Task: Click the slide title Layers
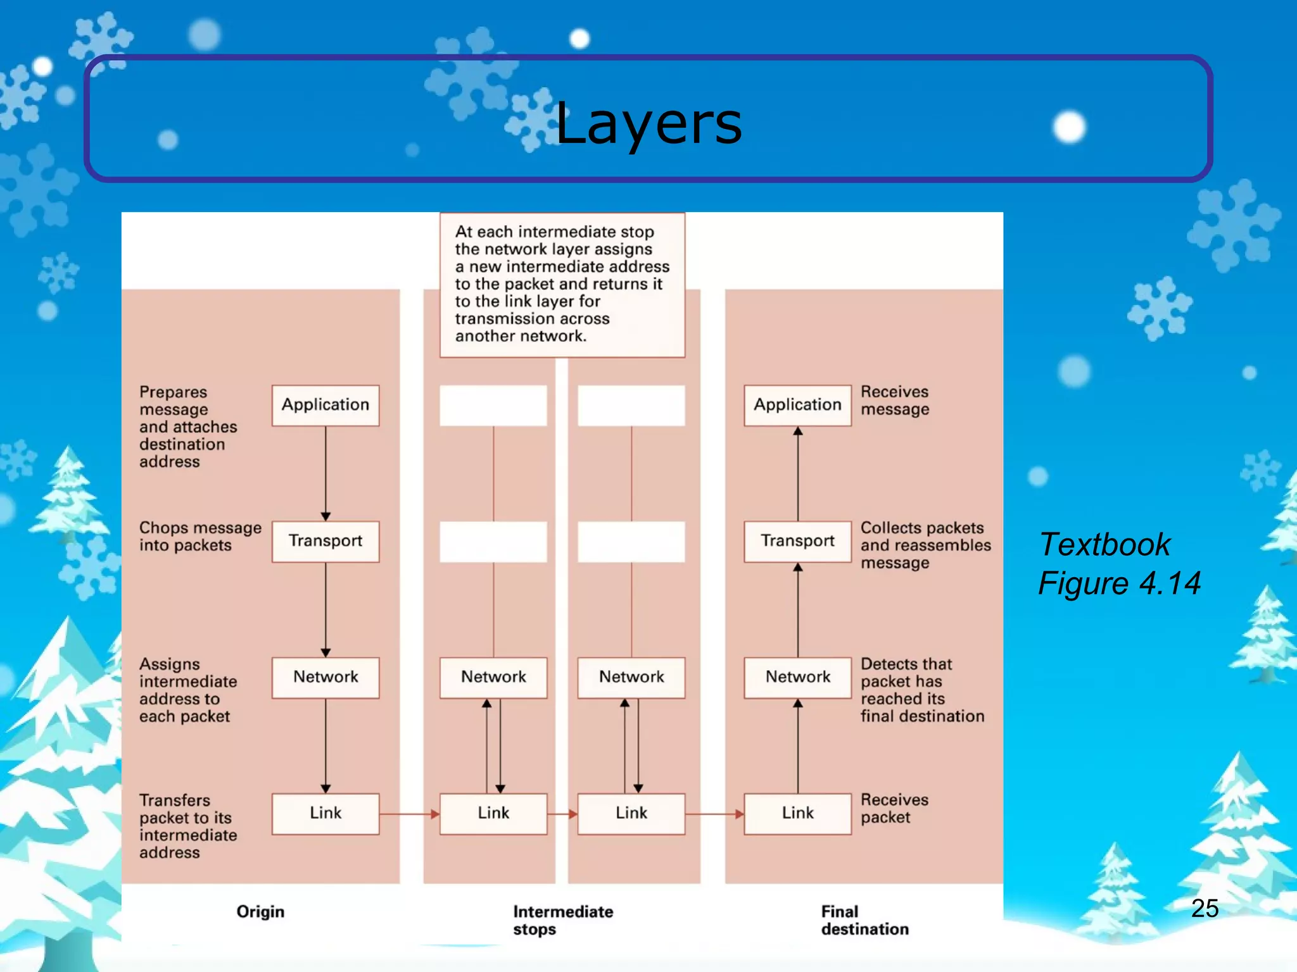pos(648,123)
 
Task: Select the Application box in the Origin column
pos(326,405)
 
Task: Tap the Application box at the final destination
pos(797,405)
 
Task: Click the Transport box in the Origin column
pos(326,541)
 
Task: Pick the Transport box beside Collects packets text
pos(797,541)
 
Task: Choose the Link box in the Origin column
pos(326,813)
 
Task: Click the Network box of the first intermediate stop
pos(493,677)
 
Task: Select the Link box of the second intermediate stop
pos(631,813)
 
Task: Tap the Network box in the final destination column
pos(797,677)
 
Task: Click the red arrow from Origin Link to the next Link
pos(409,814)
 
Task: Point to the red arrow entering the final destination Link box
pos(714,814)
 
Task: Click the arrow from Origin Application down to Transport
pos(326,471)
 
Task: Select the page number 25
pos(1205,908)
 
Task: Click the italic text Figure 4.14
pos(1119,583)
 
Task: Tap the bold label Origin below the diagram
pos(260,912)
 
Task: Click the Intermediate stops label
pos(562,920)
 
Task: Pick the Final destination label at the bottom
pos(864,920)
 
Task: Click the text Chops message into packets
pos(199,537)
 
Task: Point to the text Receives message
pos(894,401)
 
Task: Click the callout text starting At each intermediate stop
pos(561,283)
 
